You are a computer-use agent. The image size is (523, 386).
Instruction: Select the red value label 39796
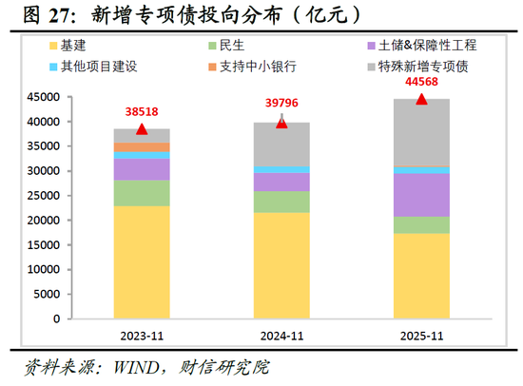(x=281, y=103)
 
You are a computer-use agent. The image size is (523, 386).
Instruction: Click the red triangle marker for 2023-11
(x=142, y=129)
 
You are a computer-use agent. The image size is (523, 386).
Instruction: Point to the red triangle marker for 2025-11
(x=421, y=99)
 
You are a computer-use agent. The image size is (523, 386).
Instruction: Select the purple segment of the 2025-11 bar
(x=421, y=195)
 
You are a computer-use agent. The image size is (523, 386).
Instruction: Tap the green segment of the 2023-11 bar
(x=142, y=193)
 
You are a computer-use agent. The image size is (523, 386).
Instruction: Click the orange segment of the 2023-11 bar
(x=142, y=147)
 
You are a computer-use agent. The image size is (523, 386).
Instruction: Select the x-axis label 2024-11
(x=281, y=336)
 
